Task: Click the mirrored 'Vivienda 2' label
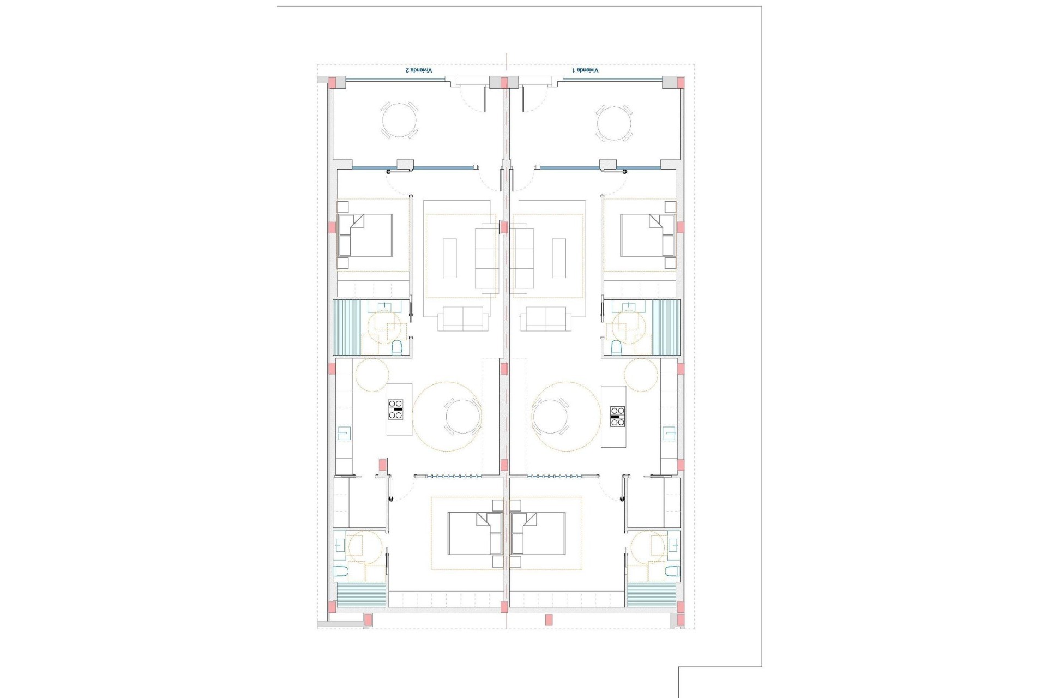(x=418, y=71)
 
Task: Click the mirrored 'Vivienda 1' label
(x=585, y=71)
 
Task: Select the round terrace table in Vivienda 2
(x=399, y=121)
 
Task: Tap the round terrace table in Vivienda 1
(x=614, y=121)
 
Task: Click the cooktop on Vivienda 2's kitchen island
(x=395, y=409)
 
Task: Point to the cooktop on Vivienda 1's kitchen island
(x=617, y=416)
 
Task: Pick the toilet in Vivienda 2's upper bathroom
(x=397, y=347)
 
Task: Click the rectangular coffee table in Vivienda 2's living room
(x=449, y=258)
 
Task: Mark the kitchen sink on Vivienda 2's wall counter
(x=343, y=434)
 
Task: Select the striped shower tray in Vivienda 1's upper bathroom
(x=666, y=327)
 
